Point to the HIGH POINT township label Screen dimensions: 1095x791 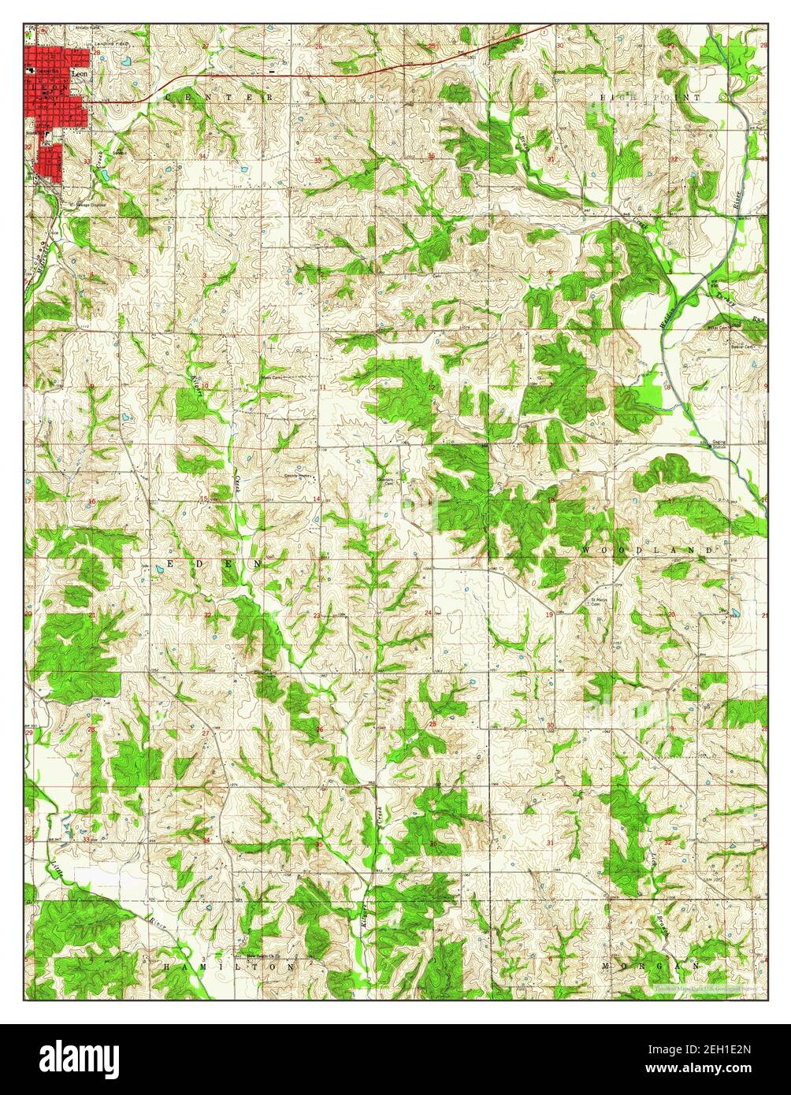[x=651, y=97]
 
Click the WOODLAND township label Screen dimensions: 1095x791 [x=648, y=549]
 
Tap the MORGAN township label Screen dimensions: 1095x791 [x=651, y=965]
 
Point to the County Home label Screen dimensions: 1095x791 [x=299, y=476]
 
